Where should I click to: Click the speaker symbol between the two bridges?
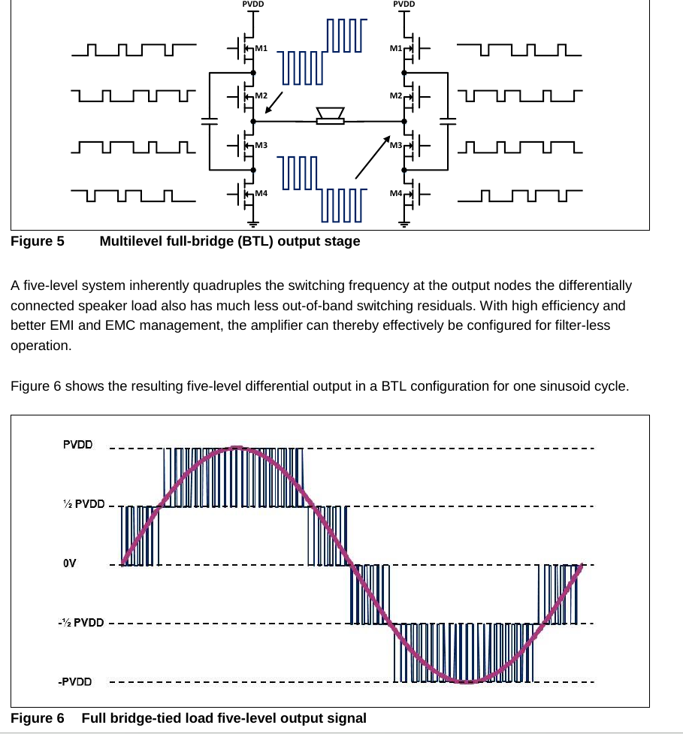pyautogui.click(x=330, y=116)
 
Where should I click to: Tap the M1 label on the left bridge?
pyautogui.click(x=261, y=48)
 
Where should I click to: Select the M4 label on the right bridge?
pyautogui.click(x=395, y=194)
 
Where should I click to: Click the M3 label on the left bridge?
pyautogui.click(x=261, y=143)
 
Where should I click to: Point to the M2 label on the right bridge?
pyautogui.click(x=395, y=96)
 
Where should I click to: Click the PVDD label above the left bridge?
pyautogui.click(x=253, y=4)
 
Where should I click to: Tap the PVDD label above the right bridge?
pyautogui.click(x=404, y=4)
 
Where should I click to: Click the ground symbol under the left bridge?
pyautogui.click(x=254, y=222)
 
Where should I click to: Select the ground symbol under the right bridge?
pyautogui.click(x=404, y=222)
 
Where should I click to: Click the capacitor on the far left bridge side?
pyautogui.click(x=209, y=120)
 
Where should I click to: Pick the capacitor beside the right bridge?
pyautogui.click(x=449, y=120)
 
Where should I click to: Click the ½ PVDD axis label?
pyautogui.click(x=83, y=504)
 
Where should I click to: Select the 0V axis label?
pyautogui.click(x=69, y=563)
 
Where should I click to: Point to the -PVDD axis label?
pyautogui.click(x=77, y=682)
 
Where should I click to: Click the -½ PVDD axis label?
pyautogui.click(x=81, y=623)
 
